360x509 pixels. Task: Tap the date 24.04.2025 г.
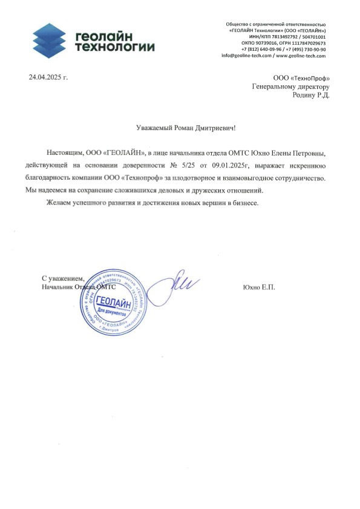[x=49, y=77]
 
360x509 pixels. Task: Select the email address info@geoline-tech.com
[x=247, y=56]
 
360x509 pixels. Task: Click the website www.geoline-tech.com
[x=301, y=56]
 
